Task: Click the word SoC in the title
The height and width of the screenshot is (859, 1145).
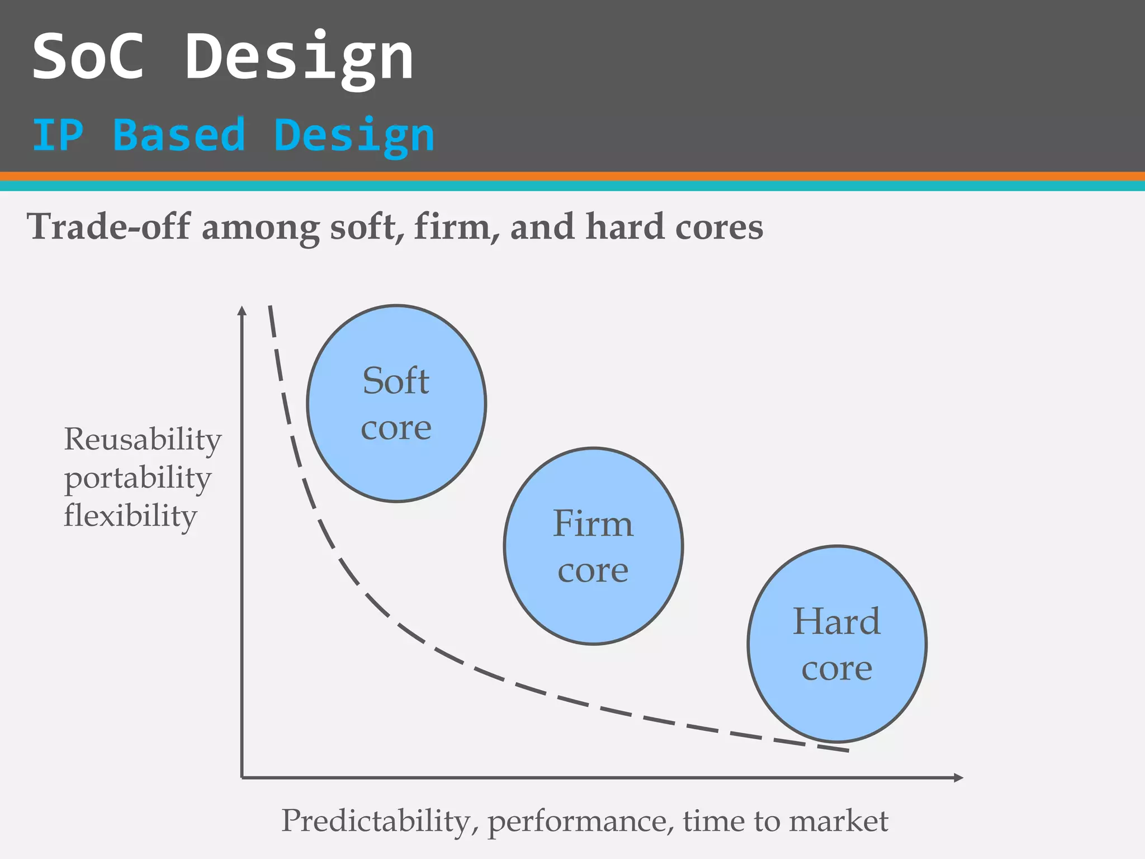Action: click(x=88, y=56)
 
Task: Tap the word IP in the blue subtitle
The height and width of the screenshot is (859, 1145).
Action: click(x=58, y=135)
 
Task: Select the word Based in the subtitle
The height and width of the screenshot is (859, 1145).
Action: click(x=179, y=135)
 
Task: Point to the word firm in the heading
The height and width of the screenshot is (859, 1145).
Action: click(x=452, y=227)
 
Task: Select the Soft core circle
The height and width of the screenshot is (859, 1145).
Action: click(x=396, y=404)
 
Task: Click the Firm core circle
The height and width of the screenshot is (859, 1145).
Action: click(x=593, y=546)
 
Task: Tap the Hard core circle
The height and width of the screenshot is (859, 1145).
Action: click(x=837, y=644)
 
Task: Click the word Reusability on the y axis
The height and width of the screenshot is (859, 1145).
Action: click(x=143, y=439)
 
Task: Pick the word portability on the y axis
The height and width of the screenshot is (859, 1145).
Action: click(x=138, y=479)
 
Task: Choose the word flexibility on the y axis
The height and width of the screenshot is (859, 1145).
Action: click(x=130, y=516)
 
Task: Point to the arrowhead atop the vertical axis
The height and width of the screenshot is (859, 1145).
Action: click(x=242, y=310)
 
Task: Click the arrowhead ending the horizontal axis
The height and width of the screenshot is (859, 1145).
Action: click(x=958, y=777)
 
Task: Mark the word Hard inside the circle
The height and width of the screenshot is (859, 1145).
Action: click(x=836, y=621)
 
